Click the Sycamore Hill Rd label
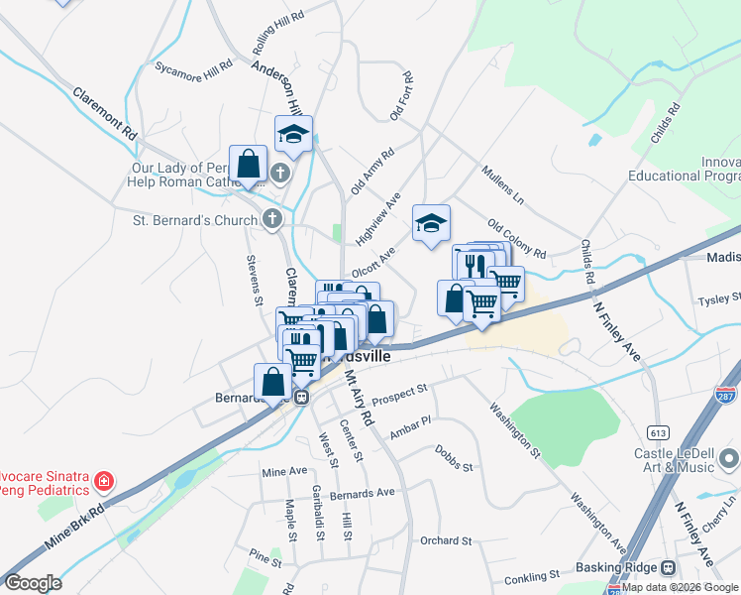[193, 66]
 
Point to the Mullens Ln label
[502, 179]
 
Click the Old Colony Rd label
[516, 238]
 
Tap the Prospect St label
[399, 390]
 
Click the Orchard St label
[445, 540]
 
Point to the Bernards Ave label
[363, 492]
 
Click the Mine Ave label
[284, 472]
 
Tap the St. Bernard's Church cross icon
[272, 219]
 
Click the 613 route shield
[658, 432]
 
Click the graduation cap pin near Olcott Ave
[431, 224]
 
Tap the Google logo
[33, 583]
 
